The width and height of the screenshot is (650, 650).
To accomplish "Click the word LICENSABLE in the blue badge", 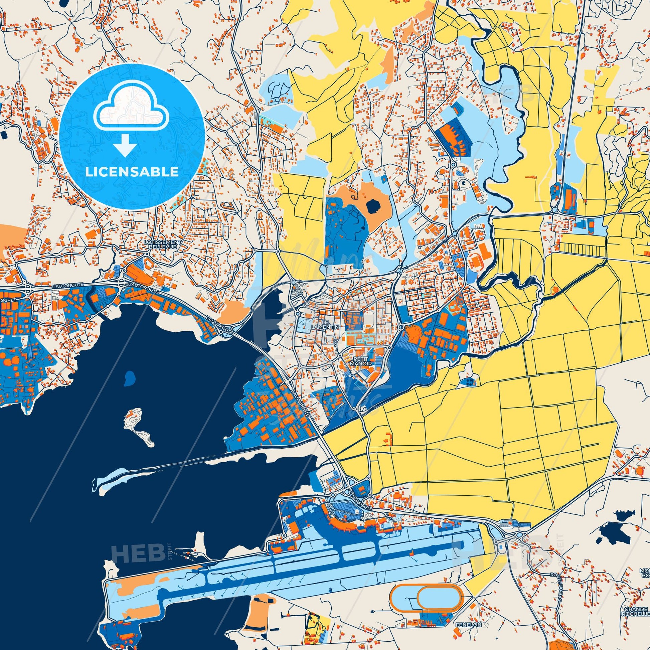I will [x=132, y=172].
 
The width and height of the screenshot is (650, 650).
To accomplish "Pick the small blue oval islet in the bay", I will [x=129, y=378].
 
